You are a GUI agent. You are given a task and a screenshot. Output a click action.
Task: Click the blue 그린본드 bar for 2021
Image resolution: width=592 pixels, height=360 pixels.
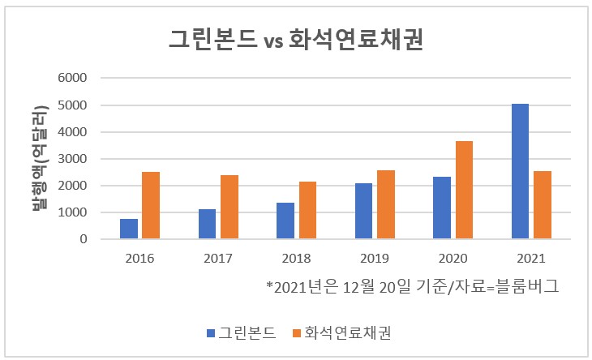tap(521, 172)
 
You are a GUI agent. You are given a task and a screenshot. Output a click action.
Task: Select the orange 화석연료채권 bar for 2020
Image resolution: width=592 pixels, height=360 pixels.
tap(464, 191)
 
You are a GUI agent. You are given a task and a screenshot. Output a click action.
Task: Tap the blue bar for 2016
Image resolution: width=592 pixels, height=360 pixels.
tap(129, 229)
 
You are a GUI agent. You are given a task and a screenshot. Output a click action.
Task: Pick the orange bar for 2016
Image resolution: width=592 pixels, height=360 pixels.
tap(151, 206)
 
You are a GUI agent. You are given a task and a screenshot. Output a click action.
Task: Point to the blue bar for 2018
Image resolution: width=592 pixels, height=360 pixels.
tap(285, 221)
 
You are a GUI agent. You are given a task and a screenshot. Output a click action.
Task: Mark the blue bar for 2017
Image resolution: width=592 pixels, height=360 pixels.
tap(208, 224)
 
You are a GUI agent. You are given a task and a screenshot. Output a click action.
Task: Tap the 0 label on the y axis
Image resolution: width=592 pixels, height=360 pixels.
tap(83, 239)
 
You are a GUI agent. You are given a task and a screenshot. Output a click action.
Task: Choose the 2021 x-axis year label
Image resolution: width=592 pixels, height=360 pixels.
tap(531, 259)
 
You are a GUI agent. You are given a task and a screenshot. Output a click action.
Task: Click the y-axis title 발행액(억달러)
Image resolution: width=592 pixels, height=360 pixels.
tap(37, 158)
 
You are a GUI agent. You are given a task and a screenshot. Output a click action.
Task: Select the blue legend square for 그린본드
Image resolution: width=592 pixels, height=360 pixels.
tap(211, 333)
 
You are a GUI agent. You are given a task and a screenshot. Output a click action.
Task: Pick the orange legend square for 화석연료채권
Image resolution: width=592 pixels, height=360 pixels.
tap(296, 333)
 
